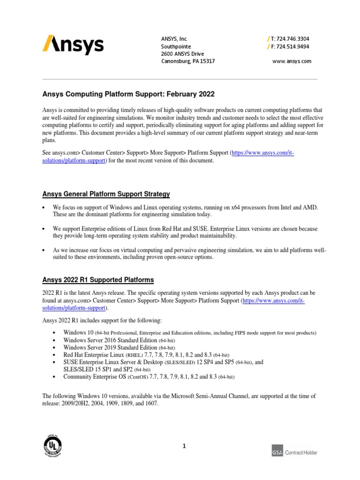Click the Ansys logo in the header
click(x=73, y=45)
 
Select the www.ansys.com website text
click(x=292, y=61)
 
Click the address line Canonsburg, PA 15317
click(x=188, y=61)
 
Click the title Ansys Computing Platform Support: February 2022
click(x=128, y=94)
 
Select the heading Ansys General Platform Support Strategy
click(x=106, y=194)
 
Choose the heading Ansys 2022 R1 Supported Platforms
click(x=98, y=280)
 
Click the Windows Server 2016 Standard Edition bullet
click(x=119, y=340)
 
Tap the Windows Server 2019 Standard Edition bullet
click(x=119, y=347)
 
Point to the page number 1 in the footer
click(x=185, y=446)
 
